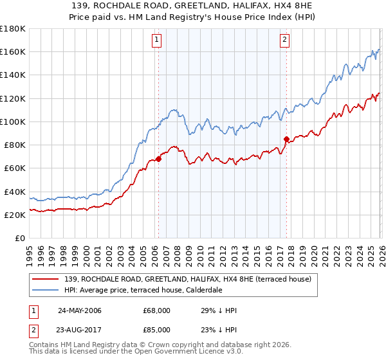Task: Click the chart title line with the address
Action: (x=192, y=5)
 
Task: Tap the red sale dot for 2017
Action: (x=286, y=139)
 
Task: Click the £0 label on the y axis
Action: (x=19, y=239)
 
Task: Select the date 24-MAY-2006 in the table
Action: (x=79, y=310)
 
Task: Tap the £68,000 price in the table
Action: (x=157, y=310)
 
